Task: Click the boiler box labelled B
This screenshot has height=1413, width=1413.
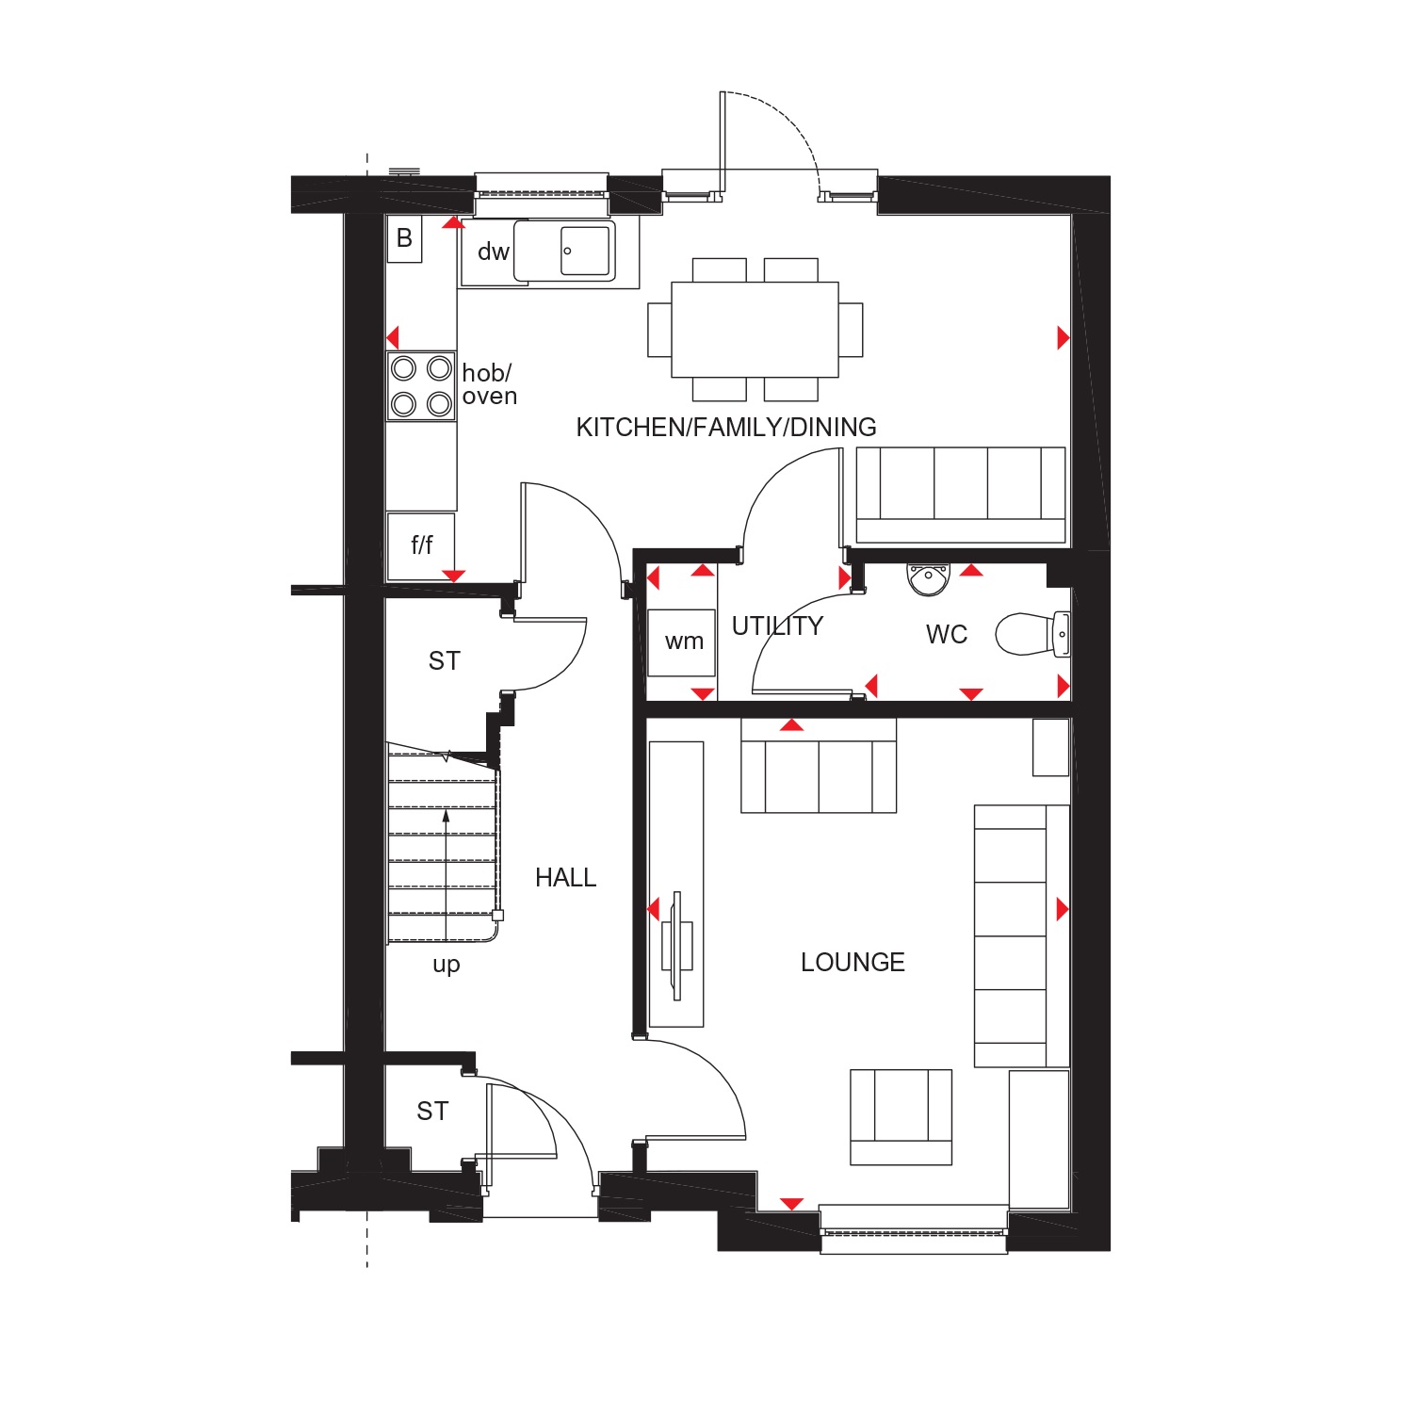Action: (x=404, y=238)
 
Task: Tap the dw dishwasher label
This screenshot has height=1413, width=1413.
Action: (x=494, y=252)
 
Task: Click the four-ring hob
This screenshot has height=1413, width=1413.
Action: (x=421, y=385)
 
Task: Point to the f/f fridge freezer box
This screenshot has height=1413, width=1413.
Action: (x=421, y=545)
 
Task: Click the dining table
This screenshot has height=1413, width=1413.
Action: (x=755, y=329)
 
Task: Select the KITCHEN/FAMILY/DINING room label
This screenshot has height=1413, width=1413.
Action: (x=726, y=428)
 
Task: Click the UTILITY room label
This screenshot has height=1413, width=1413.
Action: (x=777, y=626)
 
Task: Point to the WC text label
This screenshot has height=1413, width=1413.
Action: (x=947, y=635)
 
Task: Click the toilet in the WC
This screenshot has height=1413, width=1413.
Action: (x=1032, y=634)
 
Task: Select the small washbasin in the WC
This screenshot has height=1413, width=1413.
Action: (x=929, y=578)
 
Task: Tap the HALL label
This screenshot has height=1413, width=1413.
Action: (x=565, y=878)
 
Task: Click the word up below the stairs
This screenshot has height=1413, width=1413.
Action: (x=447, y=966)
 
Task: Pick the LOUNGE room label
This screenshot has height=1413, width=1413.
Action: (x=853, y=962)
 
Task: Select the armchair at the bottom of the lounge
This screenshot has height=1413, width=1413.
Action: (x=901, y=1117)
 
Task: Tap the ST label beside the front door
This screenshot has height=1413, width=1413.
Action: (x=432, y=1112)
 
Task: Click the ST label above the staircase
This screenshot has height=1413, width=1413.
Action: (x=444, y=661)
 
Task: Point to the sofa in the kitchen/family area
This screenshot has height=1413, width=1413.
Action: (x=960, y=495)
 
